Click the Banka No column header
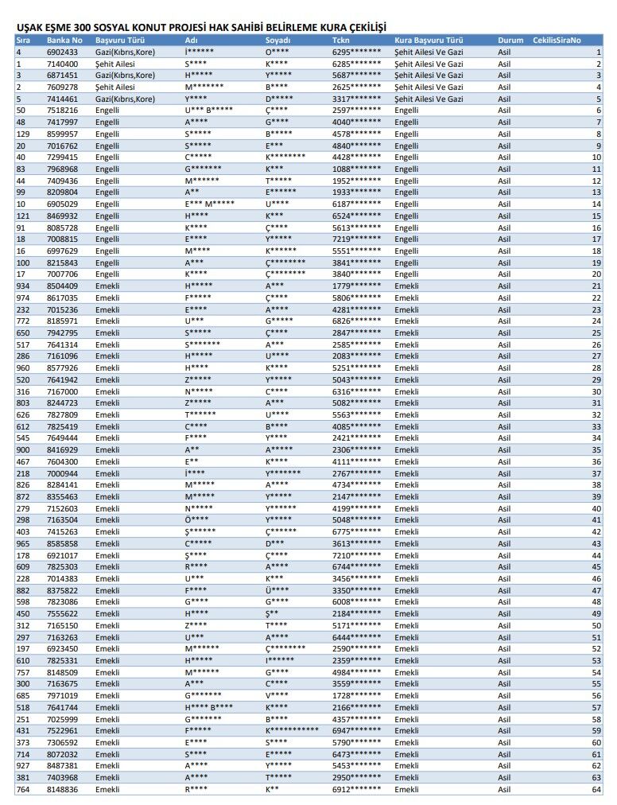point(64,40)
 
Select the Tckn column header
point(340,40)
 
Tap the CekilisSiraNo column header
point(557,40)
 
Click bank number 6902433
point(62,52)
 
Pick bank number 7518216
point(62,110)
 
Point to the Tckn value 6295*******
point(356,52)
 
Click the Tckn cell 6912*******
point(356,789)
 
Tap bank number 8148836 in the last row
point(62,789)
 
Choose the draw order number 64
point(596,789)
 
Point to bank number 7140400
point(62,64)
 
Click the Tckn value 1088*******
point(356,169)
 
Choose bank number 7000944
point(62,473)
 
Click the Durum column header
point(510,40)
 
